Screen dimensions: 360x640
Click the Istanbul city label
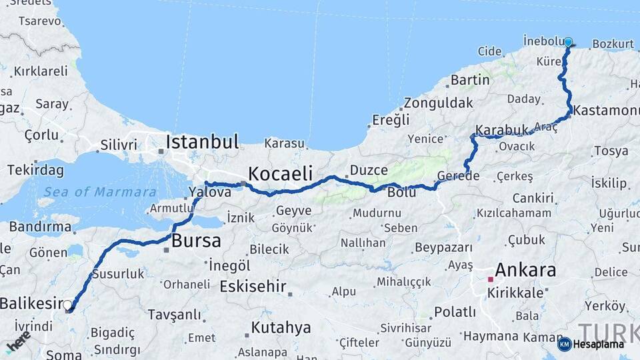(x=202, y=142)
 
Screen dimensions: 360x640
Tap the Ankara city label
(x=525, y=271)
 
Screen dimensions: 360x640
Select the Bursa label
(x=196, y=241)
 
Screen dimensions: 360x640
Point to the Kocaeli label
(x=280, y=174)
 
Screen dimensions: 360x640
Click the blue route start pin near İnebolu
(x=568, y=43)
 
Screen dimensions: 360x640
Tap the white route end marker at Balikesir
(x=67, y=305)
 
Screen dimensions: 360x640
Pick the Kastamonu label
(x=606, y=109)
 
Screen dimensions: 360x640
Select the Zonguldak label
(x=438, y=103)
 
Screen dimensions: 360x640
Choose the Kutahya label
(x=281, y=327)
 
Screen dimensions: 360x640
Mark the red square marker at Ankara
(x=490, y=279)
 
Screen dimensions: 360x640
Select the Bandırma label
(x=39, y=227)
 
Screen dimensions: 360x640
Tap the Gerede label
(x=458, y=176)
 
